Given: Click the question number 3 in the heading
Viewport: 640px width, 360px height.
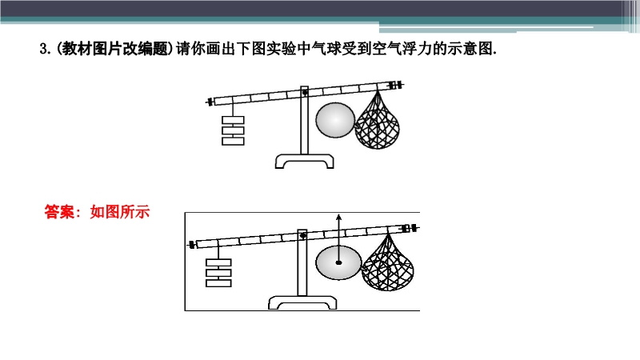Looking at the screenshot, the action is tap(43, 50).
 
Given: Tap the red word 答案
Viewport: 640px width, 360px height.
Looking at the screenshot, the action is tap(59, 212).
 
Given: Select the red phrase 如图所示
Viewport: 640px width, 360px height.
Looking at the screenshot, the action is tap(119, 212).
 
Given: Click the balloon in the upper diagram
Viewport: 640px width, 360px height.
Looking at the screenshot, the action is tap(335, 120).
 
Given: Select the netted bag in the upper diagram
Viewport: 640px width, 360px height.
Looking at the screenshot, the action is tap(377, 121).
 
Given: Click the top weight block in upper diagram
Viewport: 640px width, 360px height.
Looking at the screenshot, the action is tap(233, 120).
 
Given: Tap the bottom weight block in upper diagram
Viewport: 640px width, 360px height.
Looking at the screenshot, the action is tap(233, 142).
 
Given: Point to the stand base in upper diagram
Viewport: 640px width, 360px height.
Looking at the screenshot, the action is tap(305, 161).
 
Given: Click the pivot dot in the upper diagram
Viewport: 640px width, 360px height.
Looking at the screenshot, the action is tap(305, 93).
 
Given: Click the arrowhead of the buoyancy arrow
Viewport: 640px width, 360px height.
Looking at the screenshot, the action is tap(338, 218).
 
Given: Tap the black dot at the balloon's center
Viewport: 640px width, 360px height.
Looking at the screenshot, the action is tap(338, 263).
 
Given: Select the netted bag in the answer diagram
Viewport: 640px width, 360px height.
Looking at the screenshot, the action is tap(388, 263).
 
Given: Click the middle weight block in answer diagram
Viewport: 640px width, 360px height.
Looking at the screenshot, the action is tap(218, 273).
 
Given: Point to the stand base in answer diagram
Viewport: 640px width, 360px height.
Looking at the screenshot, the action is tap(302, 303).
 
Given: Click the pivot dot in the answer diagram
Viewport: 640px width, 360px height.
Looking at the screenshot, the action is tap(303, 235).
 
